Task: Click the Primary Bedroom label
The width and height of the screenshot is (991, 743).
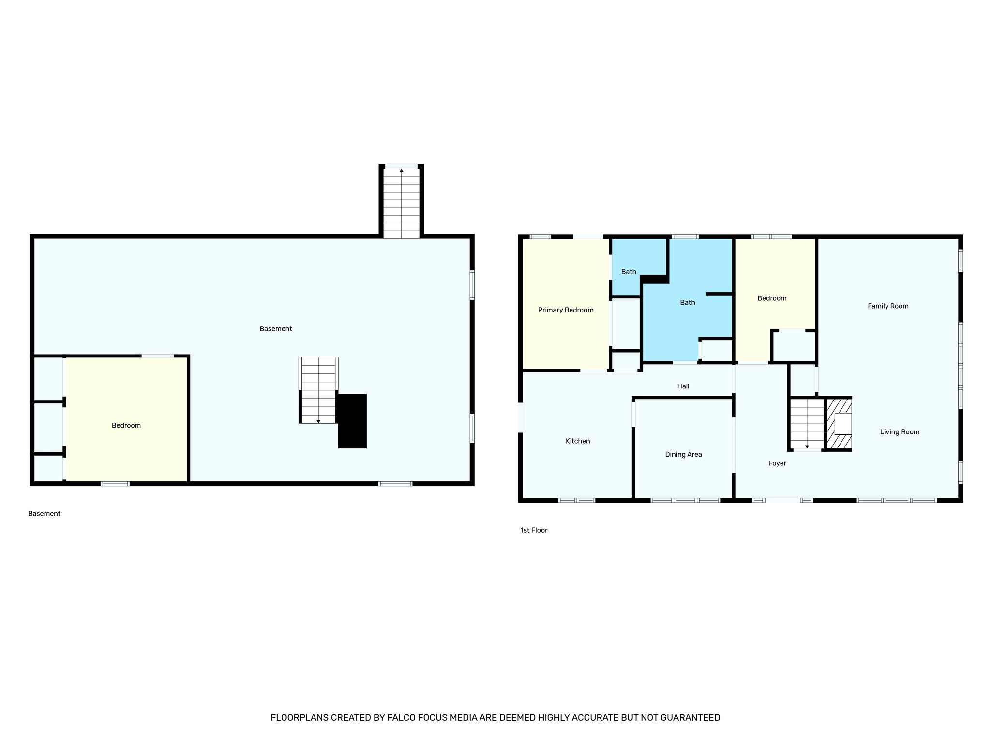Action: click(x=566, y=310)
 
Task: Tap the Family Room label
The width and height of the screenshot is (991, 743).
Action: click(x=888, y=306)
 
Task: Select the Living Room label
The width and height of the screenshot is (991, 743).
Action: click(x=900, y=431)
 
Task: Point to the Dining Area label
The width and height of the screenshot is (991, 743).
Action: click(x=683, y=454)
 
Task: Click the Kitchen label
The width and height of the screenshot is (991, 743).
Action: click(x=578, y=441)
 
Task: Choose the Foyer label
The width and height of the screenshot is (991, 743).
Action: click(x=777, y=463)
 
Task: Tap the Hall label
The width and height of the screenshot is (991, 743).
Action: click(x=683, y=386)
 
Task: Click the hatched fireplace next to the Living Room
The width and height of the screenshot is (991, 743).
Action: click(x=839, y=424)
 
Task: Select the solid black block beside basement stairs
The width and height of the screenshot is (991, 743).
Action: click(x=352, y=421)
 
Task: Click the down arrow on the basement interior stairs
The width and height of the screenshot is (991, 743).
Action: click(x=318, y=421)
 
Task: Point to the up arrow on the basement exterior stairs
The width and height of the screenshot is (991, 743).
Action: click(x=401, y=171)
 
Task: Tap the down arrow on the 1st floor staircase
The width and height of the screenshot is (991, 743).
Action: click(x=807, y=446)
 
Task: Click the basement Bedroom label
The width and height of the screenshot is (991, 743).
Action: click(x=126, y=425)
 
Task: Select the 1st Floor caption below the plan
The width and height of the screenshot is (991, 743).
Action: click(x=534, y=530)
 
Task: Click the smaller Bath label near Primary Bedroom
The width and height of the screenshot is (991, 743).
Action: click(x=629, y=272)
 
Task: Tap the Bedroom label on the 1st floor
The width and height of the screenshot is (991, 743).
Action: click(x=772, y=298)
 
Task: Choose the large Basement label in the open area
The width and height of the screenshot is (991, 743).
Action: click(x=276, y=329)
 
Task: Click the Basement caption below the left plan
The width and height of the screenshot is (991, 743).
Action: click(x=44, y=514)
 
